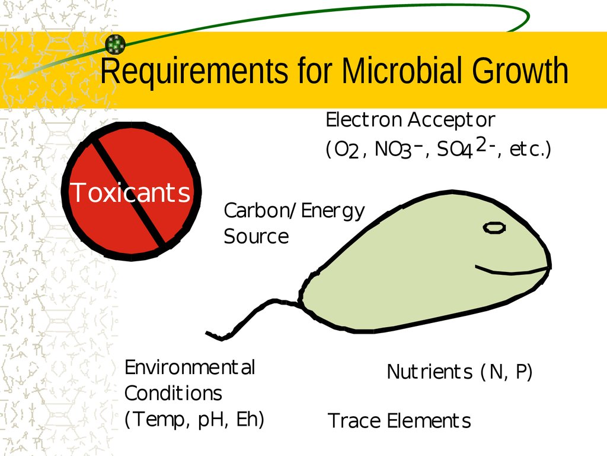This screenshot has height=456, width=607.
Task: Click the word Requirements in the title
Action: tap(194, 71)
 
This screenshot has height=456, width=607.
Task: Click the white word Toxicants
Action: tap(130, 192)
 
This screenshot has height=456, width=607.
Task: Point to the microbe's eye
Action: tap(494, 227)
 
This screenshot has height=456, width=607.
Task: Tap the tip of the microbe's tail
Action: tap(206, 332)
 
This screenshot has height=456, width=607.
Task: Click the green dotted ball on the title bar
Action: tap(116, 44)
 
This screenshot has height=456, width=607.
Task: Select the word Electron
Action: tap(363, 120)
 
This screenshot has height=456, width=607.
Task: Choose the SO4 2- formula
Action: tap(467, 148)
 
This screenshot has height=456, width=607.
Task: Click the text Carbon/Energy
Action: tap(294, 211)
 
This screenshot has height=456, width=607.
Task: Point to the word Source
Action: tap(256, 236)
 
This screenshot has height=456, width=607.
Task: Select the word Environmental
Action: tap(190, 367)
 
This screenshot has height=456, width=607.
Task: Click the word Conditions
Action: tap(173, 393)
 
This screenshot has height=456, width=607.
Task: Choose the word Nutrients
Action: tap(430, 372)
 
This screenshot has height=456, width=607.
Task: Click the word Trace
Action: tap(354, 420)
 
